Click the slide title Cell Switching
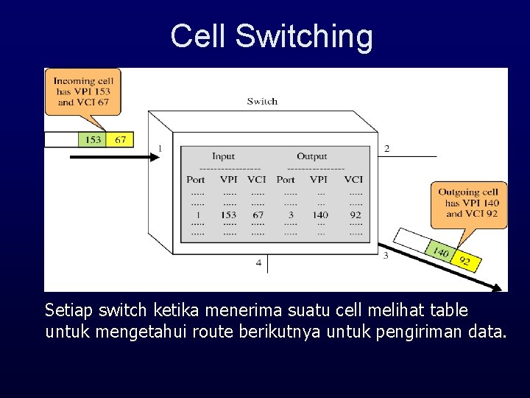(272, 36)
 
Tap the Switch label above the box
(262, 102)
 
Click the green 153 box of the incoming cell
(93, 139)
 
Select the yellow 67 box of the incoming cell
(120, 139)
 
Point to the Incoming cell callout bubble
(82, 91)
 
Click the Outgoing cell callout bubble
(472, 203)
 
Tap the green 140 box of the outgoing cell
(440, 253)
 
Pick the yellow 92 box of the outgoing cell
(465, 261)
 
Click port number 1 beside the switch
(160, 149)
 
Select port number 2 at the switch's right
(386, 149)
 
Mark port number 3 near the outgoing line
(386, 256)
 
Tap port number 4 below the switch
(258, 263)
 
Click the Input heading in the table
(223, 156)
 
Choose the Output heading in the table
(311, 156)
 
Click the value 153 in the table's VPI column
(229, 215)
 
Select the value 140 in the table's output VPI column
(320, 215)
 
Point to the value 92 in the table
(356, 215)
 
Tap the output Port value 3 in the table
(290, 215)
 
